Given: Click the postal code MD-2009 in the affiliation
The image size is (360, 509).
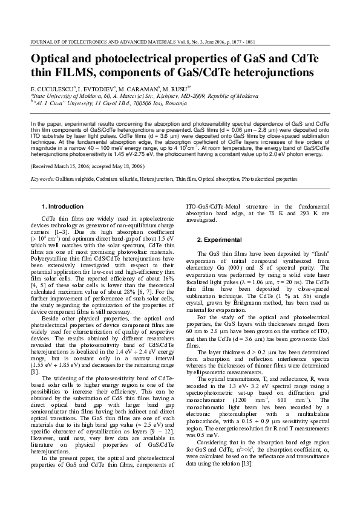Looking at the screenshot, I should tap(190, 96).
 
